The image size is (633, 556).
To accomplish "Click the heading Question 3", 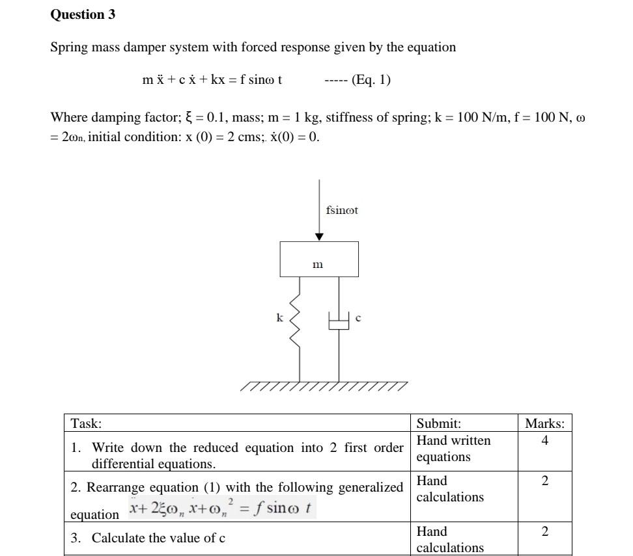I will (x=83, y=14).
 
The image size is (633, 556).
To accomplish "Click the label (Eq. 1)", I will (x=371, y=80).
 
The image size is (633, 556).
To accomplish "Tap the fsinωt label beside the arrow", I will (x=342, y=210).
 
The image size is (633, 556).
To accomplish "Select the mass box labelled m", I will (x=318, y=259).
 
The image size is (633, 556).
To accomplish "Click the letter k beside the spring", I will (x=279, y=318).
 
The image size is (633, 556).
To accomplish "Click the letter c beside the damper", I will (x=358, y=318).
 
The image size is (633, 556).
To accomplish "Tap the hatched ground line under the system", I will (x=324, y=387).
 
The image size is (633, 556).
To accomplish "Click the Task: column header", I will (x=87, y=423).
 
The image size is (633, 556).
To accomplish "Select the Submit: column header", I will (x=439, y=423).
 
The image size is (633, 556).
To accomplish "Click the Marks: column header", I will (x=544, y=423).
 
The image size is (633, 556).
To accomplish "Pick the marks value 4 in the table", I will (x=544, y=441).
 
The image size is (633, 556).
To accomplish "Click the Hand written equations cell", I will (x=454, y=449).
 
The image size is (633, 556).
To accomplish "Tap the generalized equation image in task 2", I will (x=221, y=507).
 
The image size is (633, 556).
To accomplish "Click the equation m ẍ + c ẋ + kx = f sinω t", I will (x=212, y=80).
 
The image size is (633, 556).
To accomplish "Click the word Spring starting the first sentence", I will (x=68, y=47).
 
